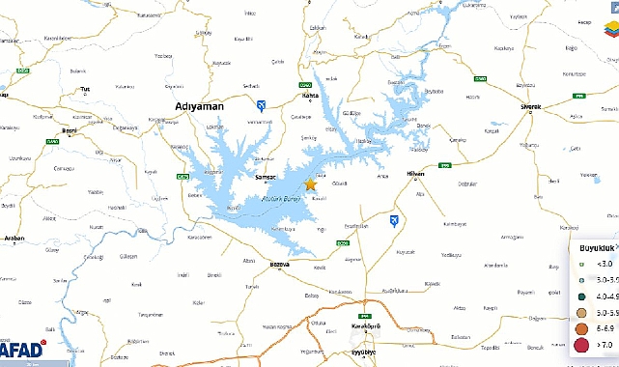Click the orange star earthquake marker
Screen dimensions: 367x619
click(310, 183)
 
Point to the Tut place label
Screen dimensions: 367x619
click(85, 90)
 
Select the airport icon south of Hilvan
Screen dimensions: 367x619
click(394, 221)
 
